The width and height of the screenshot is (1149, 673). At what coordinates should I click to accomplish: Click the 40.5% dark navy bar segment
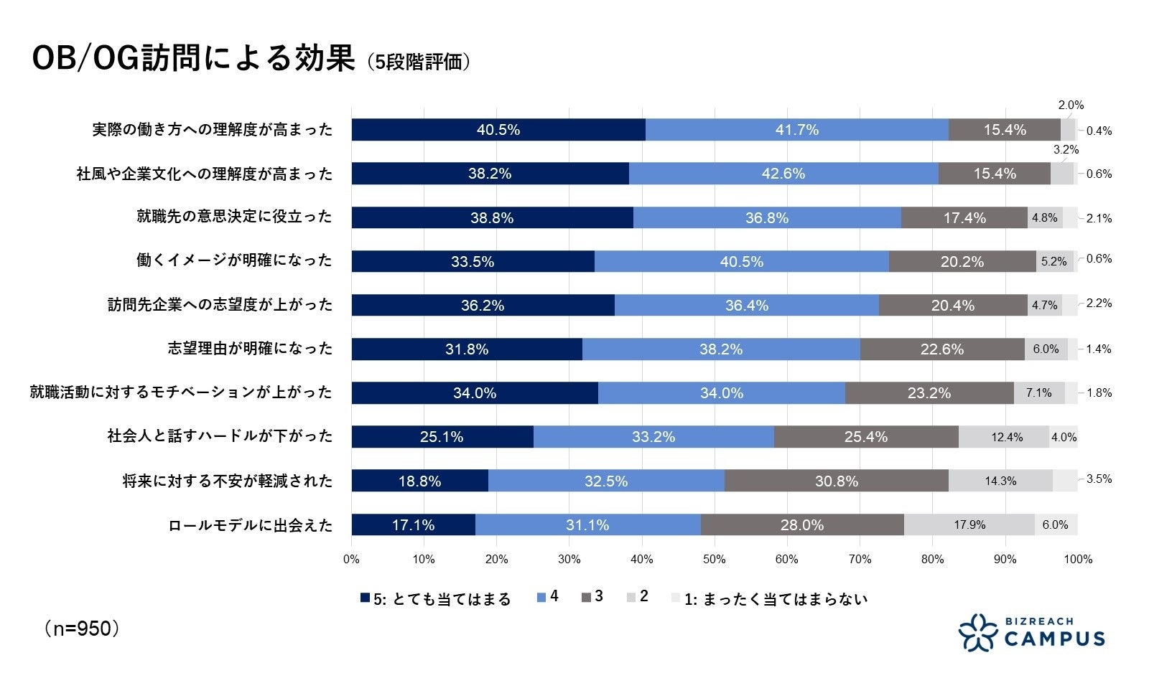(x=498, y=130)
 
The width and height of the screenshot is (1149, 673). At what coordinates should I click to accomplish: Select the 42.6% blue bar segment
(x=783, y=174)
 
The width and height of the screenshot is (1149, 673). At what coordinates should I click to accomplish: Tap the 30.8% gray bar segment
(x=837, y=481)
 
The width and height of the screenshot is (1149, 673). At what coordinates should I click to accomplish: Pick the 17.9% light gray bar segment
(x=969, y=524)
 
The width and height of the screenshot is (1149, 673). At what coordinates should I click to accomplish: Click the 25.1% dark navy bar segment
(x=442, y=437)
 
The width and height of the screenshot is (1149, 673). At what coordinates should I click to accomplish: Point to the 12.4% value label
(x=1007, y=437)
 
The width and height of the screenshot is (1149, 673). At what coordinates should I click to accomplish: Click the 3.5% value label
(x=1099, y=479)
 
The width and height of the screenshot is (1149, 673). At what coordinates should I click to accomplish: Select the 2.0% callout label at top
(x=1071, y=105)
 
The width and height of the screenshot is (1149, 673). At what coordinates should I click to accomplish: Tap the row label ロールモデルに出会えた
(x=251, y=525)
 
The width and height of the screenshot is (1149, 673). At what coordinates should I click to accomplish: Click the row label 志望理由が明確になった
(x=251, y=349)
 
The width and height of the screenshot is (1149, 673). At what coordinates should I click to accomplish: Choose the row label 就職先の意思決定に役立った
(x=235, y=217)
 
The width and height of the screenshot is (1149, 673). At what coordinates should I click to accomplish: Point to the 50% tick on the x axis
(x=714, y=560)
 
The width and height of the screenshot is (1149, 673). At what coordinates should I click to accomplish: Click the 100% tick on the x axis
(x=1077, y=560)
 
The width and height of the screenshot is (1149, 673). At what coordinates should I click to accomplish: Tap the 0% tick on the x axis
(x=351, y=560)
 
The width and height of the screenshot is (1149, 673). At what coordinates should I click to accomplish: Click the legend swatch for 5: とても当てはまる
(x=365, y=598)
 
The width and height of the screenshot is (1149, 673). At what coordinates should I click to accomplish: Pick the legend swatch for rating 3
(x=586, y=598)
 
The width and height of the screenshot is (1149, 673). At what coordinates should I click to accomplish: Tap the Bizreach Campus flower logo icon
(x=978, y=632)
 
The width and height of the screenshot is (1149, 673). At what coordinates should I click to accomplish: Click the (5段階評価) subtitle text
(x=419, y=62)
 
